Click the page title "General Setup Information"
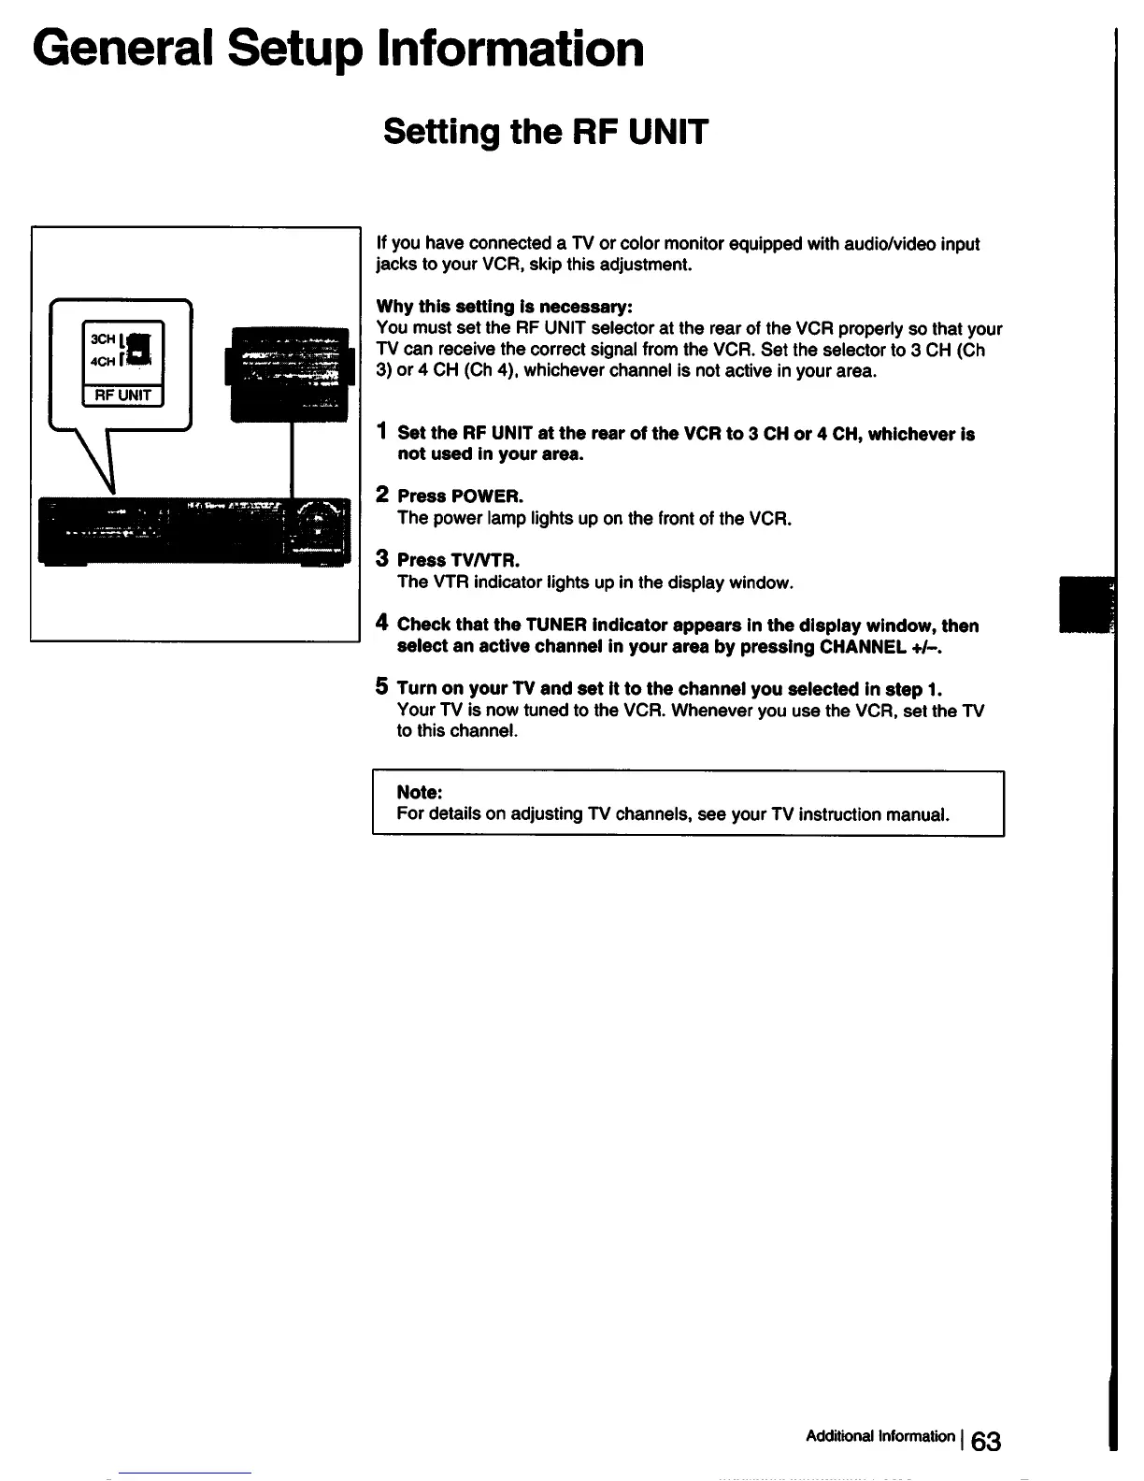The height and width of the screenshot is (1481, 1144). [x=338, y=49]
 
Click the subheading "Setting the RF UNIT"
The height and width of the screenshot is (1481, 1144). [x=546, y=132]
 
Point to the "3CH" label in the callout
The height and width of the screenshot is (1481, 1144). [x=103, y=338]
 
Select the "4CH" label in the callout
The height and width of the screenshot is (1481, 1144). [x=103, y=362]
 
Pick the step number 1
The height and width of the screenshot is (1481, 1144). [x=381, y=432]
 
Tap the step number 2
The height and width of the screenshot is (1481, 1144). [x=382, y=495]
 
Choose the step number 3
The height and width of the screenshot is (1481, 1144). [x=382, y=559]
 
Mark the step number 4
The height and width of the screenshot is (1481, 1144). [x=382, y=624]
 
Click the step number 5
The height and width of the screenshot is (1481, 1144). [x=382, y=687]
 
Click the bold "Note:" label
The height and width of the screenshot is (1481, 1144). [x=419, y=792]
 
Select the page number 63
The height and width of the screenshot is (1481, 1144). [x=985, y=1441]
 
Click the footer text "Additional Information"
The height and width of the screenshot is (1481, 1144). [x=879, y=1436]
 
